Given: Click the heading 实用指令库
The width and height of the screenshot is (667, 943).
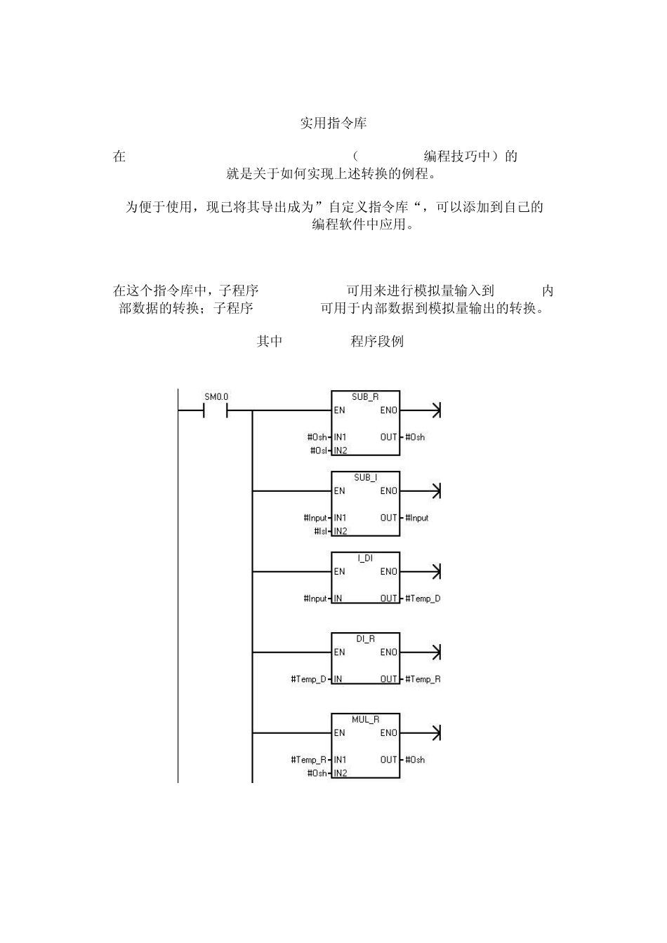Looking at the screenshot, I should (x=333, y=123).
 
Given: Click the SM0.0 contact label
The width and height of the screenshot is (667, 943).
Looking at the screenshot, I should (x=216, y=396).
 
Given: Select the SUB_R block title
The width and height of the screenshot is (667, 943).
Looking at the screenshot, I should (x=365, y=397).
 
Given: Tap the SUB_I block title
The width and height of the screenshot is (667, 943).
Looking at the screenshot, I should (x=365, y=478).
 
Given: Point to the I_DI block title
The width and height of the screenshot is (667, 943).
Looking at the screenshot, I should (x=365, y=559).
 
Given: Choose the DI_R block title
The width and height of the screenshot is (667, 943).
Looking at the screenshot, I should (x=365, y=639).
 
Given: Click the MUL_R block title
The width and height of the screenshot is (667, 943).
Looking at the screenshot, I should (x=365, y=720).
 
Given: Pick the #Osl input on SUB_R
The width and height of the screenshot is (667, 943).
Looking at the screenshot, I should (x=318, y=450).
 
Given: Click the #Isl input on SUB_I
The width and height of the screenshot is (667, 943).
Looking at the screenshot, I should (x=320, y=531).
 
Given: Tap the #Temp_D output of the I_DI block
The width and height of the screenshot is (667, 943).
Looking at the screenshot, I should (x=423, y=598).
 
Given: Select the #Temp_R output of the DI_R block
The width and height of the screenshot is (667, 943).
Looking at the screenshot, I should (x=423, y=679).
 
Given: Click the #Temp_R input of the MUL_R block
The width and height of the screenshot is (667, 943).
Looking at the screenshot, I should (x=308, y=760).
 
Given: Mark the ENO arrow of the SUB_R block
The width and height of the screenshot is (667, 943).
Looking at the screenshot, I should (x=435, y=410).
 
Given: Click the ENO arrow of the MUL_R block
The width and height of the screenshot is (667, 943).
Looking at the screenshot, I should (x=435, y=733).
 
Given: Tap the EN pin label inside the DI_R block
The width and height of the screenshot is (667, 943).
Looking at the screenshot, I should (x=340, y=653).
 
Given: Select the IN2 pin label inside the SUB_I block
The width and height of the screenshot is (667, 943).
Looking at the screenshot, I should (x=341, y=531).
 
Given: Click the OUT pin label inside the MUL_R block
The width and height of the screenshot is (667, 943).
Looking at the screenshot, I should (x=389, y=760).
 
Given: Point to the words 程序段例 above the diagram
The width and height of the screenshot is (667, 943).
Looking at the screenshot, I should (x=377, y=342).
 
